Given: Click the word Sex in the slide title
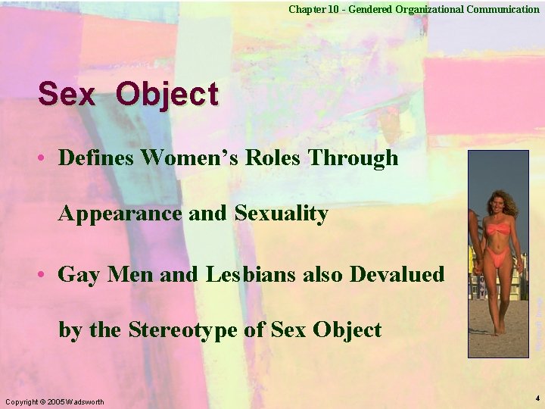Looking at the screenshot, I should click(x=67, y=95).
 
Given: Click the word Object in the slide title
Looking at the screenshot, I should click(x=168, y=95).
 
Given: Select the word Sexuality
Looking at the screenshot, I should click(x=281, y=214).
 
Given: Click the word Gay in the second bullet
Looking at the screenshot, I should click(x=79, y=274).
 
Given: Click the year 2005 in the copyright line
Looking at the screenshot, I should click(x=57, y=401).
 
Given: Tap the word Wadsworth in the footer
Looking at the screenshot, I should click(x=86, y=401).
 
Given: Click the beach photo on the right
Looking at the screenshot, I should click(x=497, y=253).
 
